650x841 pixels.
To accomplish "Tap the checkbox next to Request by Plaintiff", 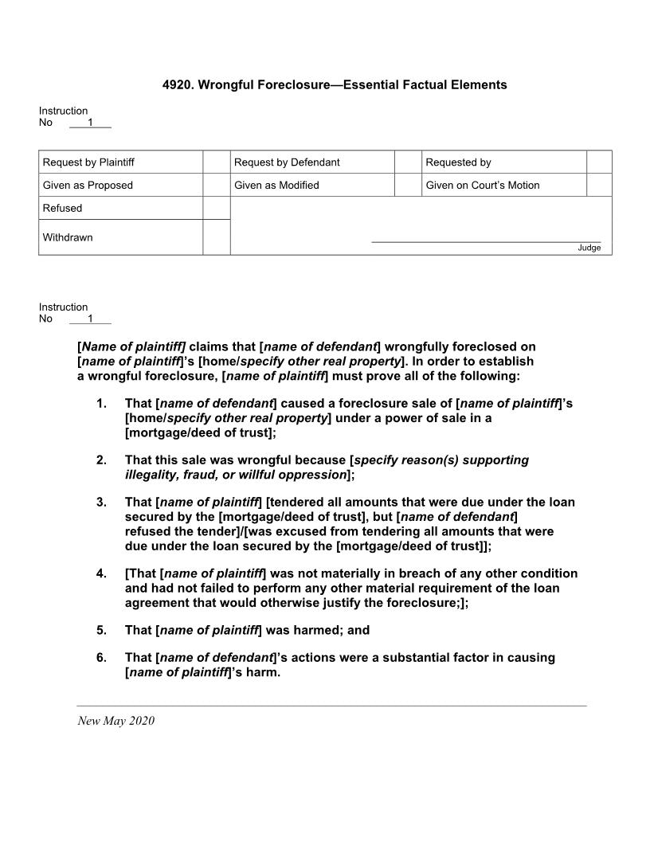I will click(x=216, y=162).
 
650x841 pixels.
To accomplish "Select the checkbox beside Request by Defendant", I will click(x=407, y=162).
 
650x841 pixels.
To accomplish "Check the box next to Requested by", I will click(x=599, y=162).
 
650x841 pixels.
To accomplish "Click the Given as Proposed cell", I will click(x=88, y=185).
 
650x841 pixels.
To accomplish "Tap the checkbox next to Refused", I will click(x=216, y=208).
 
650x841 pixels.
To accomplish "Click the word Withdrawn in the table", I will click(x=68, y=237).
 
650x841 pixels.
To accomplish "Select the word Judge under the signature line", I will click(x=589, y=248).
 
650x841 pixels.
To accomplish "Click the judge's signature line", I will click(x=486, y=241).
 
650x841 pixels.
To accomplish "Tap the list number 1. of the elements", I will click(x=101, y=404).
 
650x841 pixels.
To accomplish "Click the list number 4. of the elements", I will click(x=101, y=573).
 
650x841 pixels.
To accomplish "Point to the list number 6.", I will click(x=101, y=658).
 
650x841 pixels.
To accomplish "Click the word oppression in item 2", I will click(x=317, y=475).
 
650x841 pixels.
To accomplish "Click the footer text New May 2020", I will click(x=116, y=721).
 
